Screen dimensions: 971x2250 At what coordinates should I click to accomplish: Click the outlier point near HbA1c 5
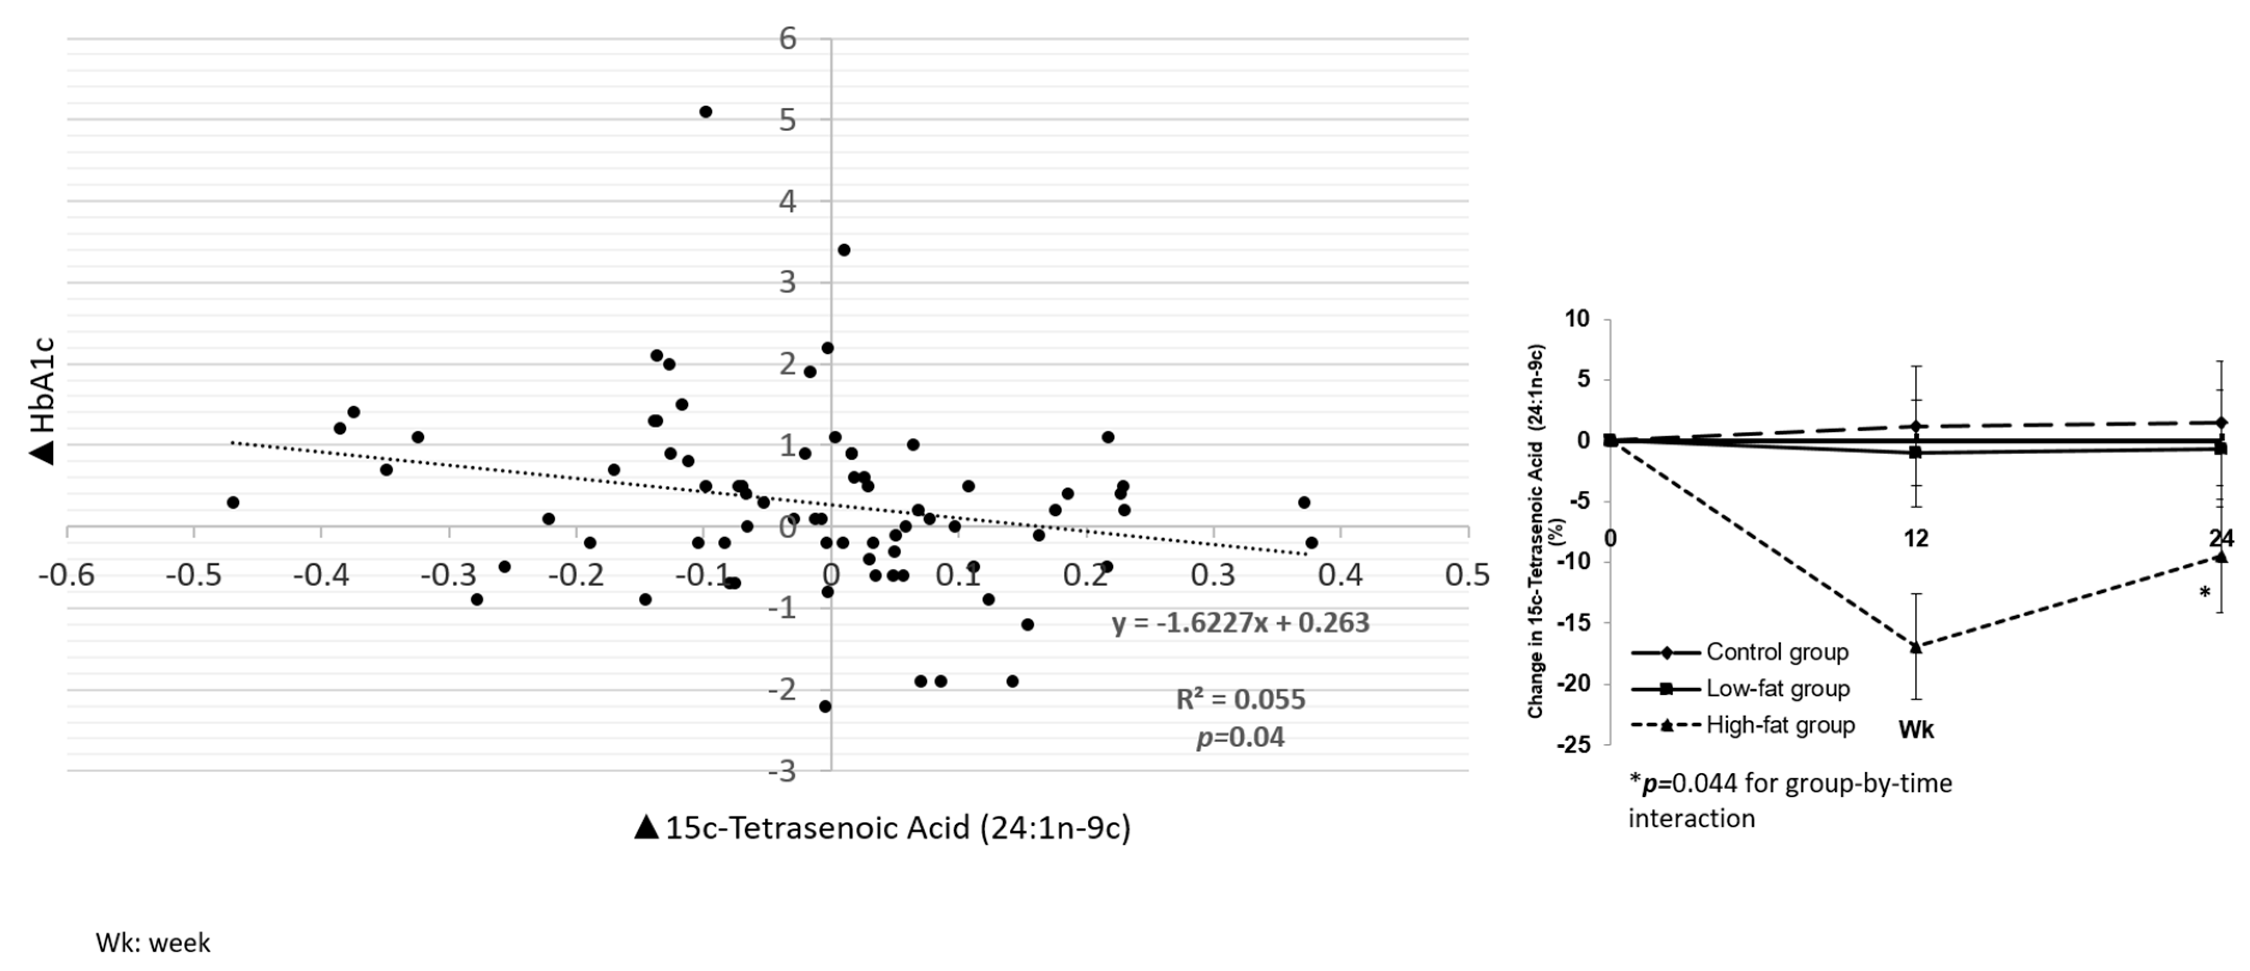705,112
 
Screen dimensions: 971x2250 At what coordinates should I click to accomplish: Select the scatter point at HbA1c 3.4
844,250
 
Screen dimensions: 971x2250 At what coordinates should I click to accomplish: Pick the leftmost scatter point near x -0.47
232,502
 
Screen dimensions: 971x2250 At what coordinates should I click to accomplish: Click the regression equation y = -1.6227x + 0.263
1240,622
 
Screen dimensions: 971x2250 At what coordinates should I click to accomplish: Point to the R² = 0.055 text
1240,699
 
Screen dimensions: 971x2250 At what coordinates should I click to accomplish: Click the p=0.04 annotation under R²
1240,738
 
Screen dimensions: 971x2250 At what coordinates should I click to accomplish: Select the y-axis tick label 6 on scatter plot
788,38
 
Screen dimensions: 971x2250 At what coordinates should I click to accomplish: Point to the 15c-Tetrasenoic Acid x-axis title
882,828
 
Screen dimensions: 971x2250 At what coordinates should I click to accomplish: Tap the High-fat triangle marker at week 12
1915,647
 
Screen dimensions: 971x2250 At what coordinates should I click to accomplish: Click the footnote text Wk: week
153,943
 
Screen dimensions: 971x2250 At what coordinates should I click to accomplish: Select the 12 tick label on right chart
1915,539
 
